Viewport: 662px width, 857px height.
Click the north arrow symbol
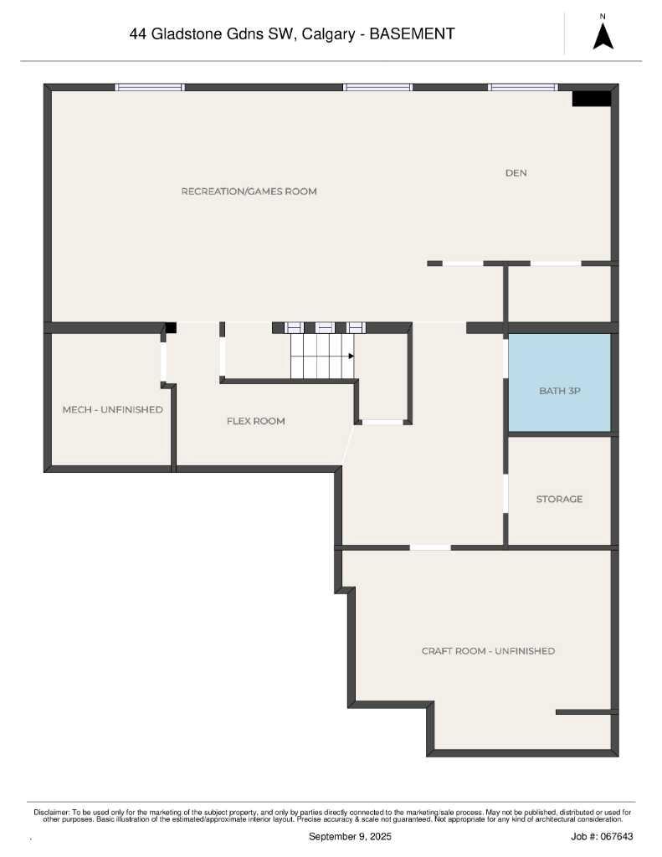coord(603,37)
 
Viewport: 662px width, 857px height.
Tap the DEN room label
coord(516,172)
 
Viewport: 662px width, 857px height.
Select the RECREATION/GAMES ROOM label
coord(249,192)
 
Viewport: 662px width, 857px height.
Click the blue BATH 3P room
coord(559,382)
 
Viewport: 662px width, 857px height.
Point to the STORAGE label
coord(559,499)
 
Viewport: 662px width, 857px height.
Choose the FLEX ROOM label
coord(256,421)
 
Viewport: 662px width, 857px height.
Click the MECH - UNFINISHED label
coord(113,409)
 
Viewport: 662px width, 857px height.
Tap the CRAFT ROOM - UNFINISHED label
coord(488,651)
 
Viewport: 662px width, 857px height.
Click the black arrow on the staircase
coord(351,357)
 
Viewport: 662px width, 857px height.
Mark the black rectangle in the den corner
coord(591,99)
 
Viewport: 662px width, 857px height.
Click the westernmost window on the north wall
coord(150,87)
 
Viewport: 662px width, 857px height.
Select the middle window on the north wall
coord(377,87)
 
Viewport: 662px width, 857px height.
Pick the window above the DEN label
coord(523,87)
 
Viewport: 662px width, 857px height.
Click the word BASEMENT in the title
coord(412,33)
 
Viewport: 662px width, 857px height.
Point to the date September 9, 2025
coord(350,836)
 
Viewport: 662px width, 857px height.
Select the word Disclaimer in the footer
coord(51,813)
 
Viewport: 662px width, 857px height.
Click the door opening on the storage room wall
coord(505,494)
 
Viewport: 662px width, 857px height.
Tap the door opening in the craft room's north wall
coord(430,547)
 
